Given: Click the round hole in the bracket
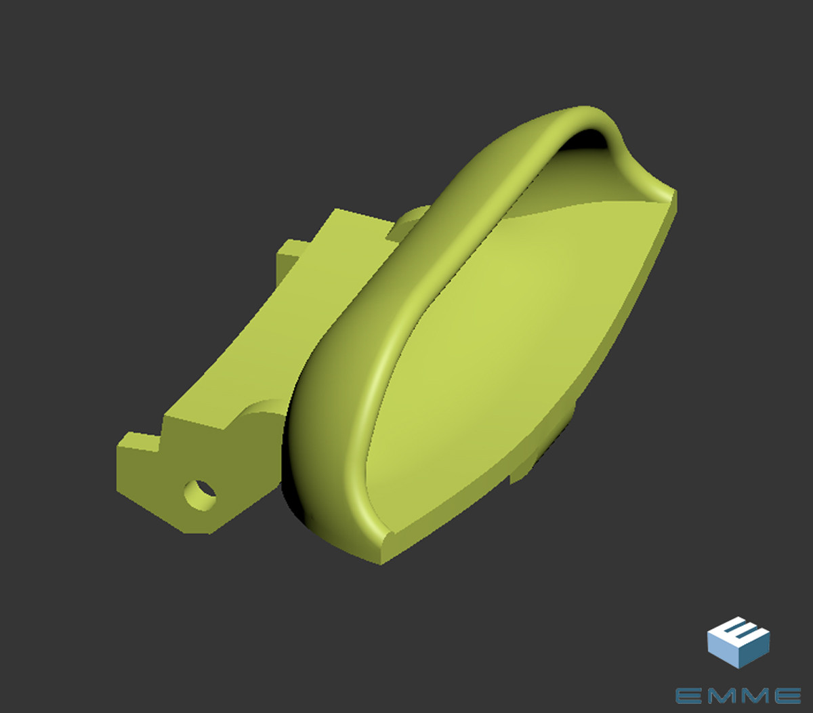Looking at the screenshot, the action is coord(200,495).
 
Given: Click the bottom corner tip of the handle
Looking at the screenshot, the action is coord(381,563).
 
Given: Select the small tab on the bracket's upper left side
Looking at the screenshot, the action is coord(290,257).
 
